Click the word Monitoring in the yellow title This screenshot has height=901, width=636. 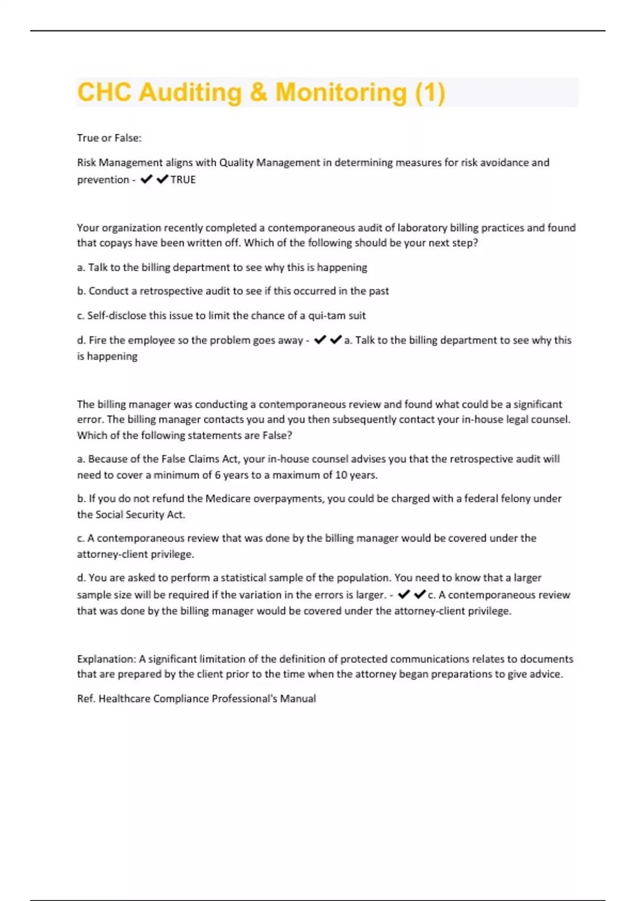coord(341,92)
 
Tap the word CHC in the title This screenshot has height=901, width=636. coord(104,92)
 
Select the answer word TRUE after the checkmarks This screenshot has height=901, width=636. coord(183,180)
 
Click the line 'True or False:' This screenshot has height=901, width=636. coord(109,138)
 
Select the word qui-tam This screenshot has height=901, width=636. coord(327,315)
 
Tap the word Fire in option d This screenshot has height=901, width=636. coord(98,340)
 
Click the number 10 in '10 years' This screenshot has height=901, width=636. coord(341,475)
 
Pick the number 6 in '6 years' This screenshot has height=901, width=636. coord(217,475)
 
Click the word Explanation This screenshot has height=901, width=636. coord(106,659)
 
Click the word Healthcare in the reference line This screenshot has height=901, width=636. coord(125,699)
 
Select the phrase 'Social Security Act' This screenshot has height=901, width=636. coord(140,515)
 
